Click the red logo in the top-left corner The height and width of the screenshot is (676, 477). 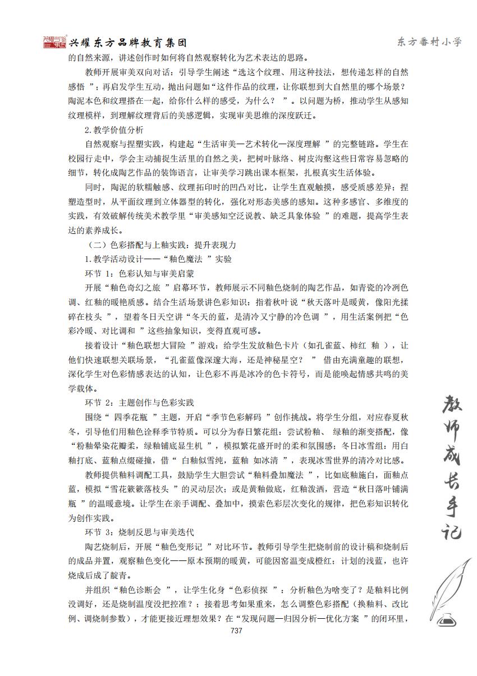click(x=54, y=43)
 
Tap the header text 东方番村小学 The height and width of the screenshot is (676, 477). click(x=429, y=43)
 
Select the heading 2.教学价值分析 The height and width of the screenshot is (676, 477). click(x=113, y=130)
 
